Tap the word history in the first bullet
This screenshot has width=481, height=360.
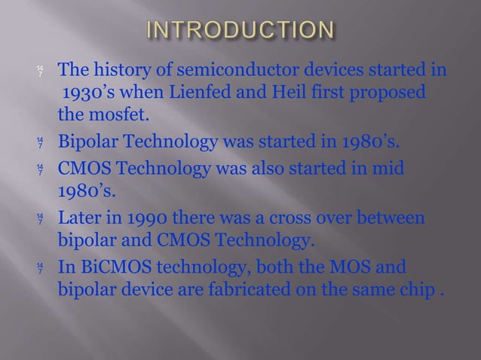124,72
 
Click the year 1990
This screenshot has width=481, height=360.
159,219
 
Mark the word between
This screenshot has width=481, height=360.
391,219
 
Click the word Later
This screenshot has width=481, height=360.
80,219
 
